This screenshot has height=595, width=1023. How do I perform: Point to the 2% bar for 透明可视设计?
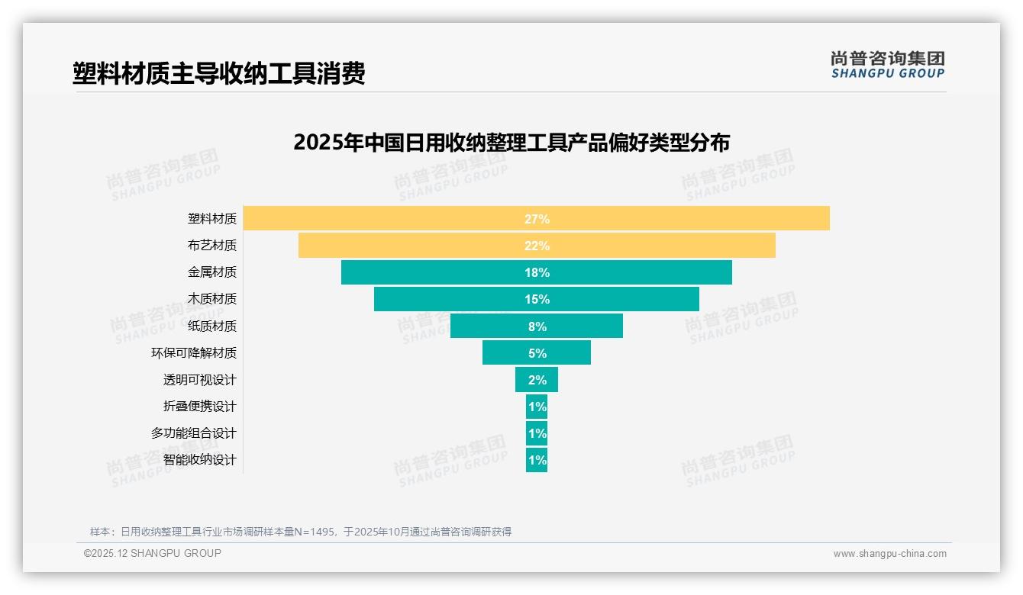pos(537,380)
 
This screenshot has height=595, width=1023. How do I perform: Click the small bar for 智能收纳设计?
pos(537,460)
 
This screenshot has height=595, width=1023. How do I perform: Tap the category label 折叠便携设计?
pos(199,407)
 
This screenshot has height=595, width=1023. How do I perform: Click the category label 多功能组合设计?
pos(194,433)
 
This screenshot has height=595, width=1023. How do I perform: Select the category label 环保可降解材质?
pos(194,353)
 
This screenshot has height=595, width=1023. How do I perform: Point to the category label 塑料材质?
pos(212,219)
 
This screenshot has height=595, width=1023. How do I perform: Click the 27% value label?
pos(537,219)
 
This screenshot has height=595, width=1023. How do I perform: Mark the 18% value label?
pos(537,272)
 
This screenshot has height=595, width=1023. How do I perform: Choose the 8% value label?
pos(537,326)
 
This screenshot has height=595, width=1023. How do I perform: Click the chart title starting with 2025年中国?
pos(511,143)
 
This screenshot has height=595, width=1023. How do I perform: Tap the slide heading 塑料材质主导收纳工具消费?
pos(219,73)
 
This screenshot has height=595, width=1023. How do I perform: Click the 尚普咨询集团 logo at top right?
pos(888,65)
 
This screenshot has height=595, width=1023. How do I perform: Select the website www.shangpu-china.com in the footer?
pos(889,554)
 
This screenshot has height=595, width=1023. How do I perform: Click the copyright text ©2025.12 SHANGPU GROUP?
pos(153,553)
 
